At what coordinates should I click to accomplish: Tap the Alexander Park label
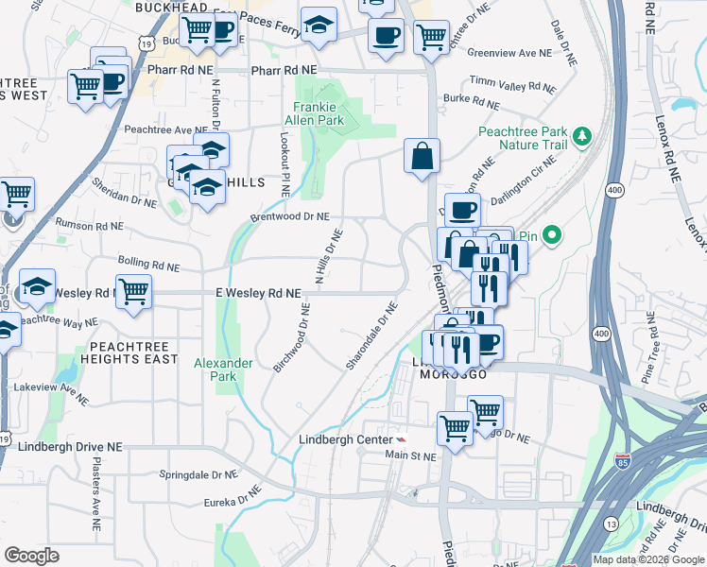223,369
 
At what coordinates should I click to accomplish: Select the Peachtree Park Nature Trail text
523,138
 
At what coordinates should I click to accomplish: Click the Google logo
31,556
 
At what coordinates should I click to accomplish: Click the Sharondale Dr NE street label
372,336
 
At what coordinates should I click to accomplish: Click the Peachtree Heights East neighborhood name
129,352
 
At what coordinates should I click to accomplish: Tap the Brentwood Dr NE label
289,216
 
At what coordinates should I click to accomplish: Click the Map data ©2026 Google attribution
648,558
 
